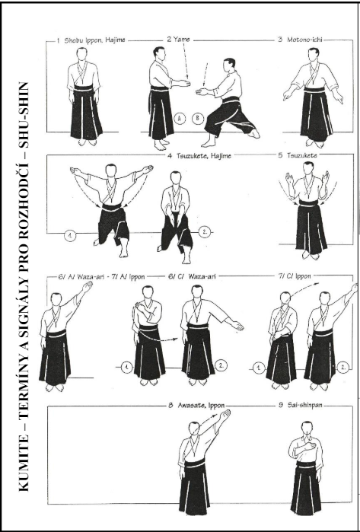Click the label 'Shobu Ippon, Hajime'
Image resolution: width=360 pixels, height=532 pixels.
94,40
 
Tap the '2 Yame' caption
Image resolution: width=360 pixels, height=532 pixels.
178,40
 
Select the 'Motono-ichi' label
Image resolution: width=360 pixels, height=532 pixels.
304,40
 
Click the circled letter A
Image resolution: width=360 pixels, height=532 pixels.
180,119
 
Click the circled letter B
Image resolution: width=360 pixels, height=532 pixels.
198,119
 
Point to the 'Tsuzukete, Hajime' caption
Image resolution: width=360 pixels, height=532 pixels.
203,156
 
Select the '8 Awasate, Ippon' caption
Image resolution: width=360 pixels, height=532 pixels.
196,406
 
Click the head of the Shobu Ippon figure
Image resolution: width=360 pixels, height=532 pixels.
81,54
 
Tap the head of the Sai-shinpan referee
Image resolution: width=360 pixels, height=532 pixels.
307,428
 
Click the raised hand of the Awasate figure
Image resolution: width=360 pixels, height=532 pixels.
225,416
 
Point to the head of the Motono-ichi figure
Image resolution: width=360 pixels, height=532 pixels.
314,55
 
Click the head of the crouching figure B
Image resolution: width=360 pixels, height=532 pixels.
230,65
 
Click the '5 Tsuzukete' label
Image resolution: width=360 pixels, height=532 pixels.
298,155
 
